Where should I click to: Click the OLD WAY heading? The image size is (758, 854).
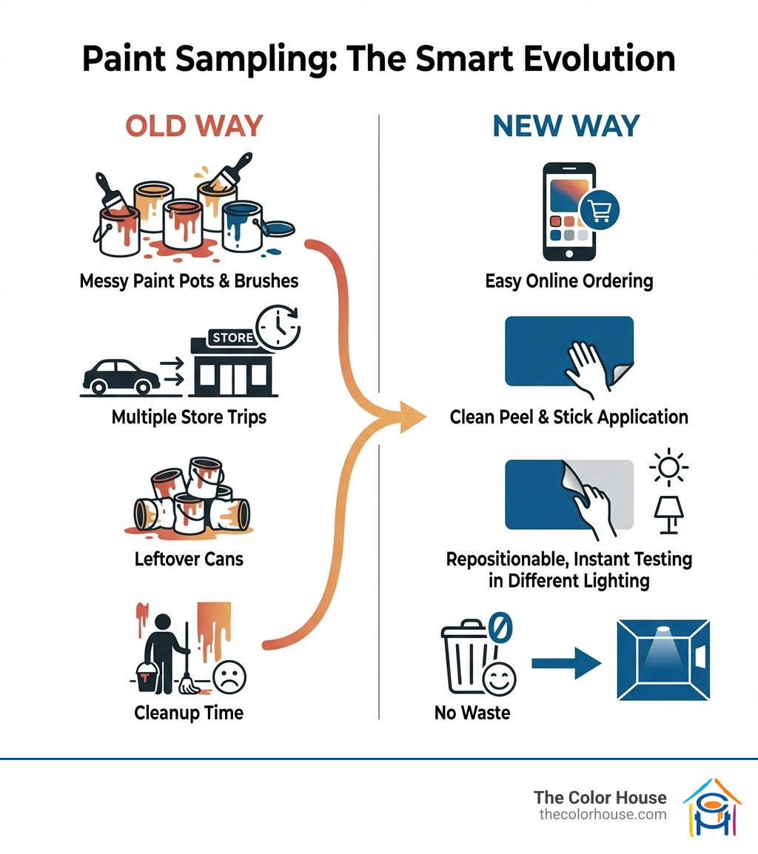pos(194,126)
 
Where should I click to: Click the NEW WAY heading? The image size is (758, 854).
pos(566,126)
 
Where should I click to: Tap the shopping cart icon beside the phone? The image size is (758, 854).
pos(600,212)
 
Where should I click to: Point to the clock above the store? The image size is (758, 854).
pos(277,326)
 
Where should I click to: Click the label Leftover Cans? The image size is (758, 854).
pos(189,558)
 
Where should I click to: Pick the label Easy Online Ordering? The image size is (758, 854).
pos(568,281)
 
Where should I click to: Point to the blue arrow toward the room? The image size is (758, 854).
pos(566,662)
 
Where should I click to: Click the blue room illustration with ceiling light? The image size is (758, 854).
pos(663,660)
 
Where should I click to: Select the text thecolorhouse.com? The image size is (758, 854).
pos(603,814)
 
